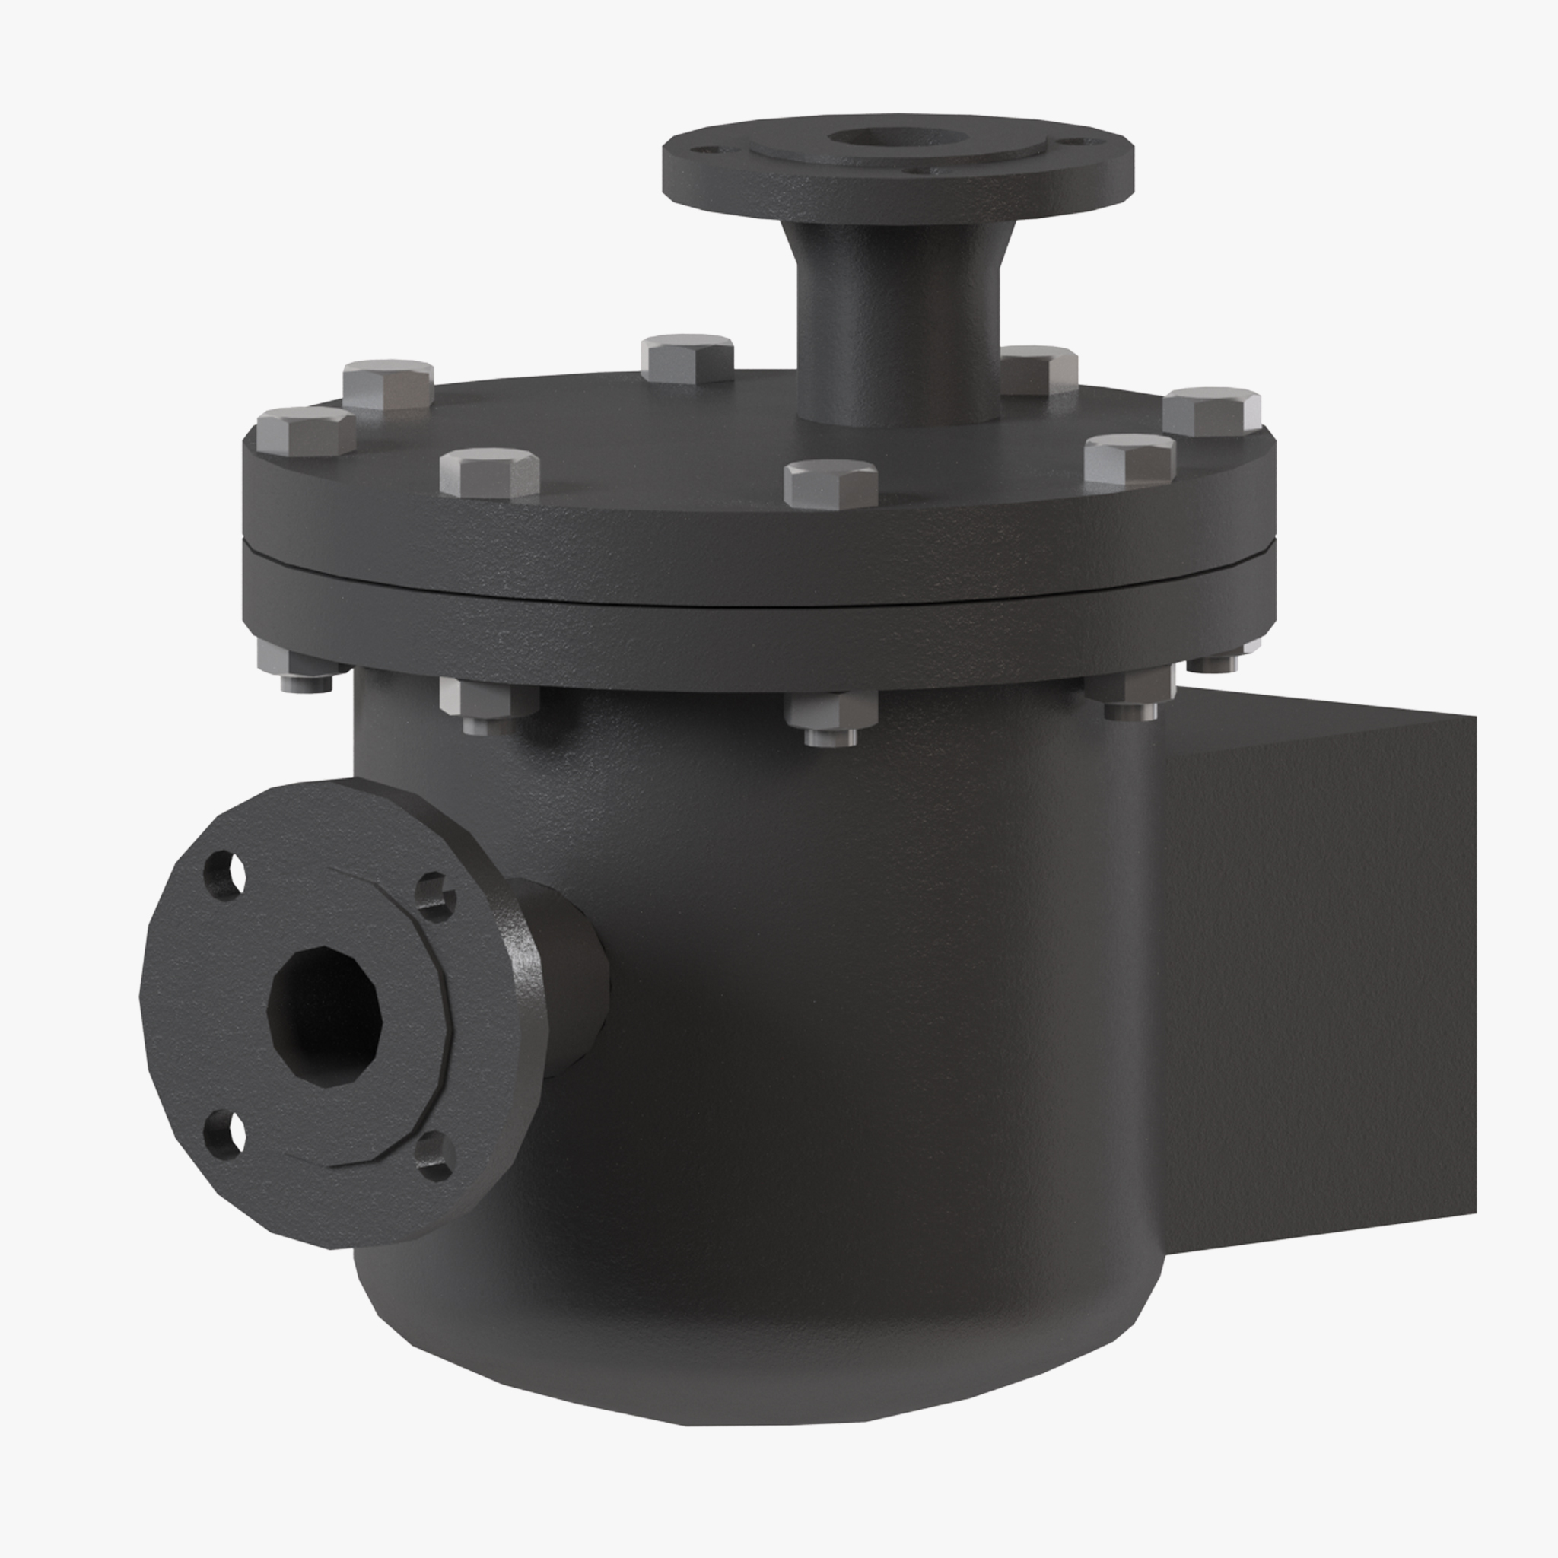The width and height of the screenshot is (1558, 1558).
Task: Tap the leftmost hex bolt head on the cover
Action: pos(306,431)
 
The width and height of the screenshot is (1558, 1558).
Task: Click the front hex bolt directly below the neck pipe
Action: pos(831,483)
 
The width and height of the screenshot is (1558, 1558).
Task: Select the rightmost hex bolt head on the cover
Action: pos(1211,412)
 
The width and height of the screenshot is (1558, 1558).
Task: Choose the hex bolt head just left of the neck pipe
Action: pos(688,358)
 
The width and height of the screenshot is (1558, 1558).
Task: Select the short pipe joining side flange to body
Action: pos(564,976)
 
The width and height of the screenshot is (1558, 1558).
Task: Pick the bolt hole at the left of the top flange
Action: pos(708,150)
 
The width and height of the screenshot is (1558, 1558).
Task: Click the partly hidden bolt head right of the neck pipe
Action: pos(1040,368)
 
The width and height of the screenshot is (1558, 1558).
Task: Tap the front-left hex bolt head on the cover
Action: pos(489,472)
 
